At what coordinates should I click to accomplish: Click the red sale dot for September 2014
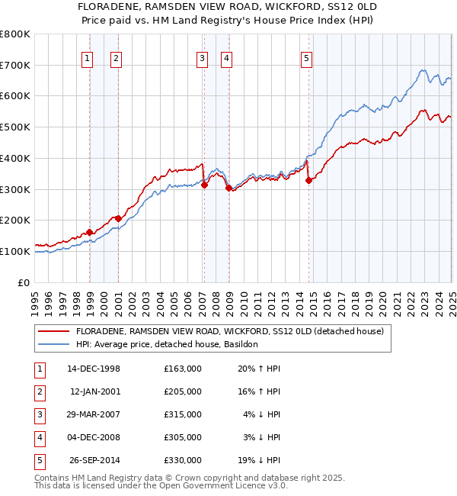click(308, 181)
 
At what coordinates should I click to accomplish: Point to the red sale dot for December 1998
click(90, 232)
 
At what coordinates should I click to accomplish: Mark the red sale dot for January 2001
click(118, 219)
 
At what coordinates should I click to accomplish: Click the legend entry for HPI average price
click(167, 345)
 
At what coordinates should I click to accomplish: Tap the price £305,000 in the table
click(183, 437)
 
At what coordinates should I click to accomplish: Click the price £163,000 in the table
click(183, 369)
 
